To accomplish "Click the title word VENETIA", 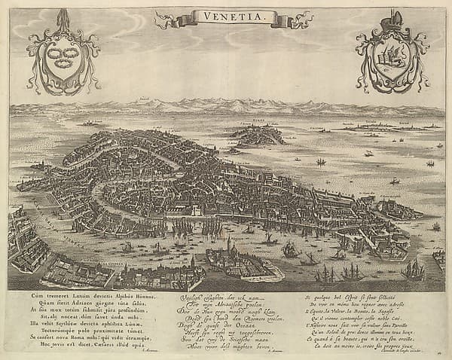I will tap(226, 15).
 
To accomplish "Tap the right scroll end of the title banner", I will tap(285, 21).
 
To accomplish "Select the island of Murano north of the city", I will tap(258, 136).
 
